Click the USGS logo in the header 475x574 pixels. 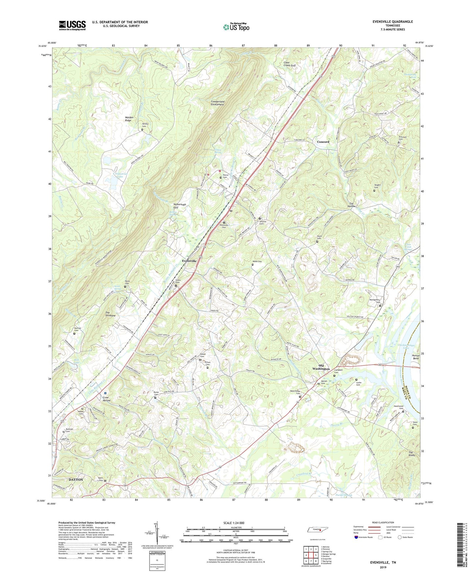point(72,25)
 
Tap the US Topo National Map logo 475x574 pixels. point(236,27)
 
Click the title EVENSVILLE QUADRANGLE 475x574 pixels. point(392,22)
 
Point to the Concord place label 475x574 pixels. point(323,142)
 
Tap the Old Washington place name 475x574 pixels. point(321,367)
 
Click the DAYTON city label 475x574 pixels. point(76,480)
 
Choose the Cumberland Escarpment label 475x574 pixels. point(218,103)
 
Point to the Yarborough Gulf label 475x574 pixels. point(179,206)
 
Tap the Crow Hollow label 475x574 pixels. point(106,399)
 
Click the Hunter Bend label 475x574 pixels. point(416,357)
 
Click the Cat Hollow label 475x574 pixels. point(352,204)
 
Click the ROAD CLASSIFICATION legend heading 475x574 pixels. point(383,522)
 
